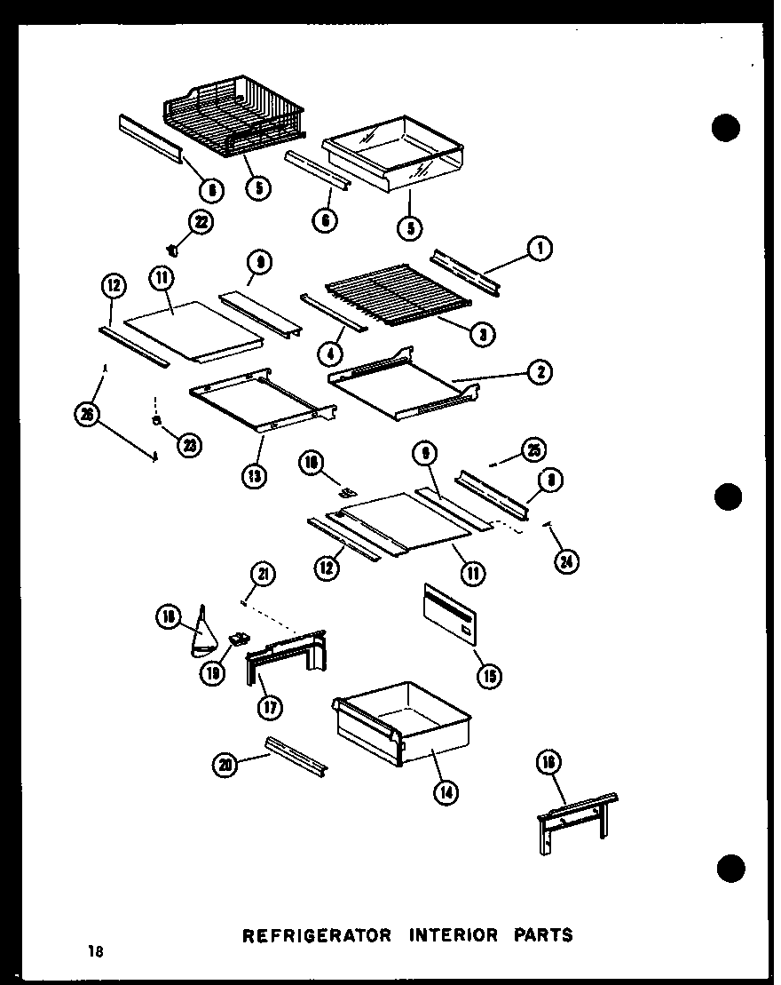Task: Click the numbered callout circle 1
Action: (x=539, y=251)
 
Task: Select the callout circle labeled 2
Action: (x=539, y=373)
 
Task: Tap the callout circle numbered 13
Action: (x=254, y=476)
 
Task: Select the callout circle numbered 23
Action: (x=188, y=447)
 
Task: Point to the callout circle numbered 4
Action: (x=330, y=355)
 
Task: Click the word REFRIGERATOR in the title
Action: (x=316, y=934)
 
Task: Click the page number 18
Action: (x=95, y=952)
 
